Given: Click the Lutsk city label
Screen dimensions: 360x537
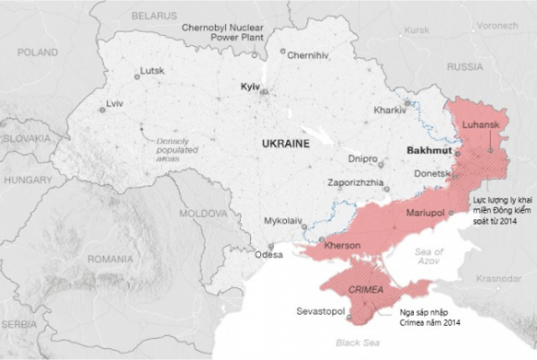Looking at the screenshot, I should pyautogui.click(x=150, y=70).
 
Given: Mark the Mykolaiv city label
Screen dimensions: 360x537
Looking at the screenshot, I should pyautogui.click(x=283, y=221).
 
